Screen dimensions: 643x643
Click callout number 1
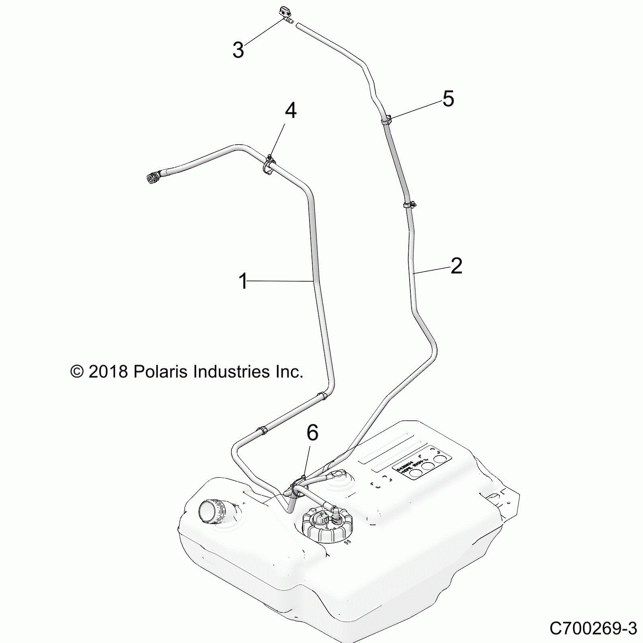coord(243,281)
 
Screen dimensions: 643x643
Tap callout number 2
coord(456,266)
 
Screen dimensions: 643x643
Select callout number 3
coord(238,50)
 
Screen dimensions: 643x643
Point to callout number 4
coord(291,110)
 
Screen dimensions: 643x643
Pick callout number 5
coord(448,98)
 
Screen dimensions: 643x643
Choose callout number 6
coord(312,433)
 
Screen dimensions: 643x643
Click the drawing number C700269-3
coord(593,628)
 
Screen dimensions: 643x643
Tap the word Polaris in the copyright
coord(160,372)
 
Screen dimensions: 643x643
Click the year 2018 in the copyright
coord(108,372)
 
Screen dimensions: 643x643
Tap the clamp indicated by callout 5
coord(387,120)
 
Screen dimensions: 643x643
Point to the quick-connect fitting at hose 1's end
coord(154,178)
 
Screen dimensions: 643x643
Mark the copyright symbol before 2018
coord(77,372)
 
